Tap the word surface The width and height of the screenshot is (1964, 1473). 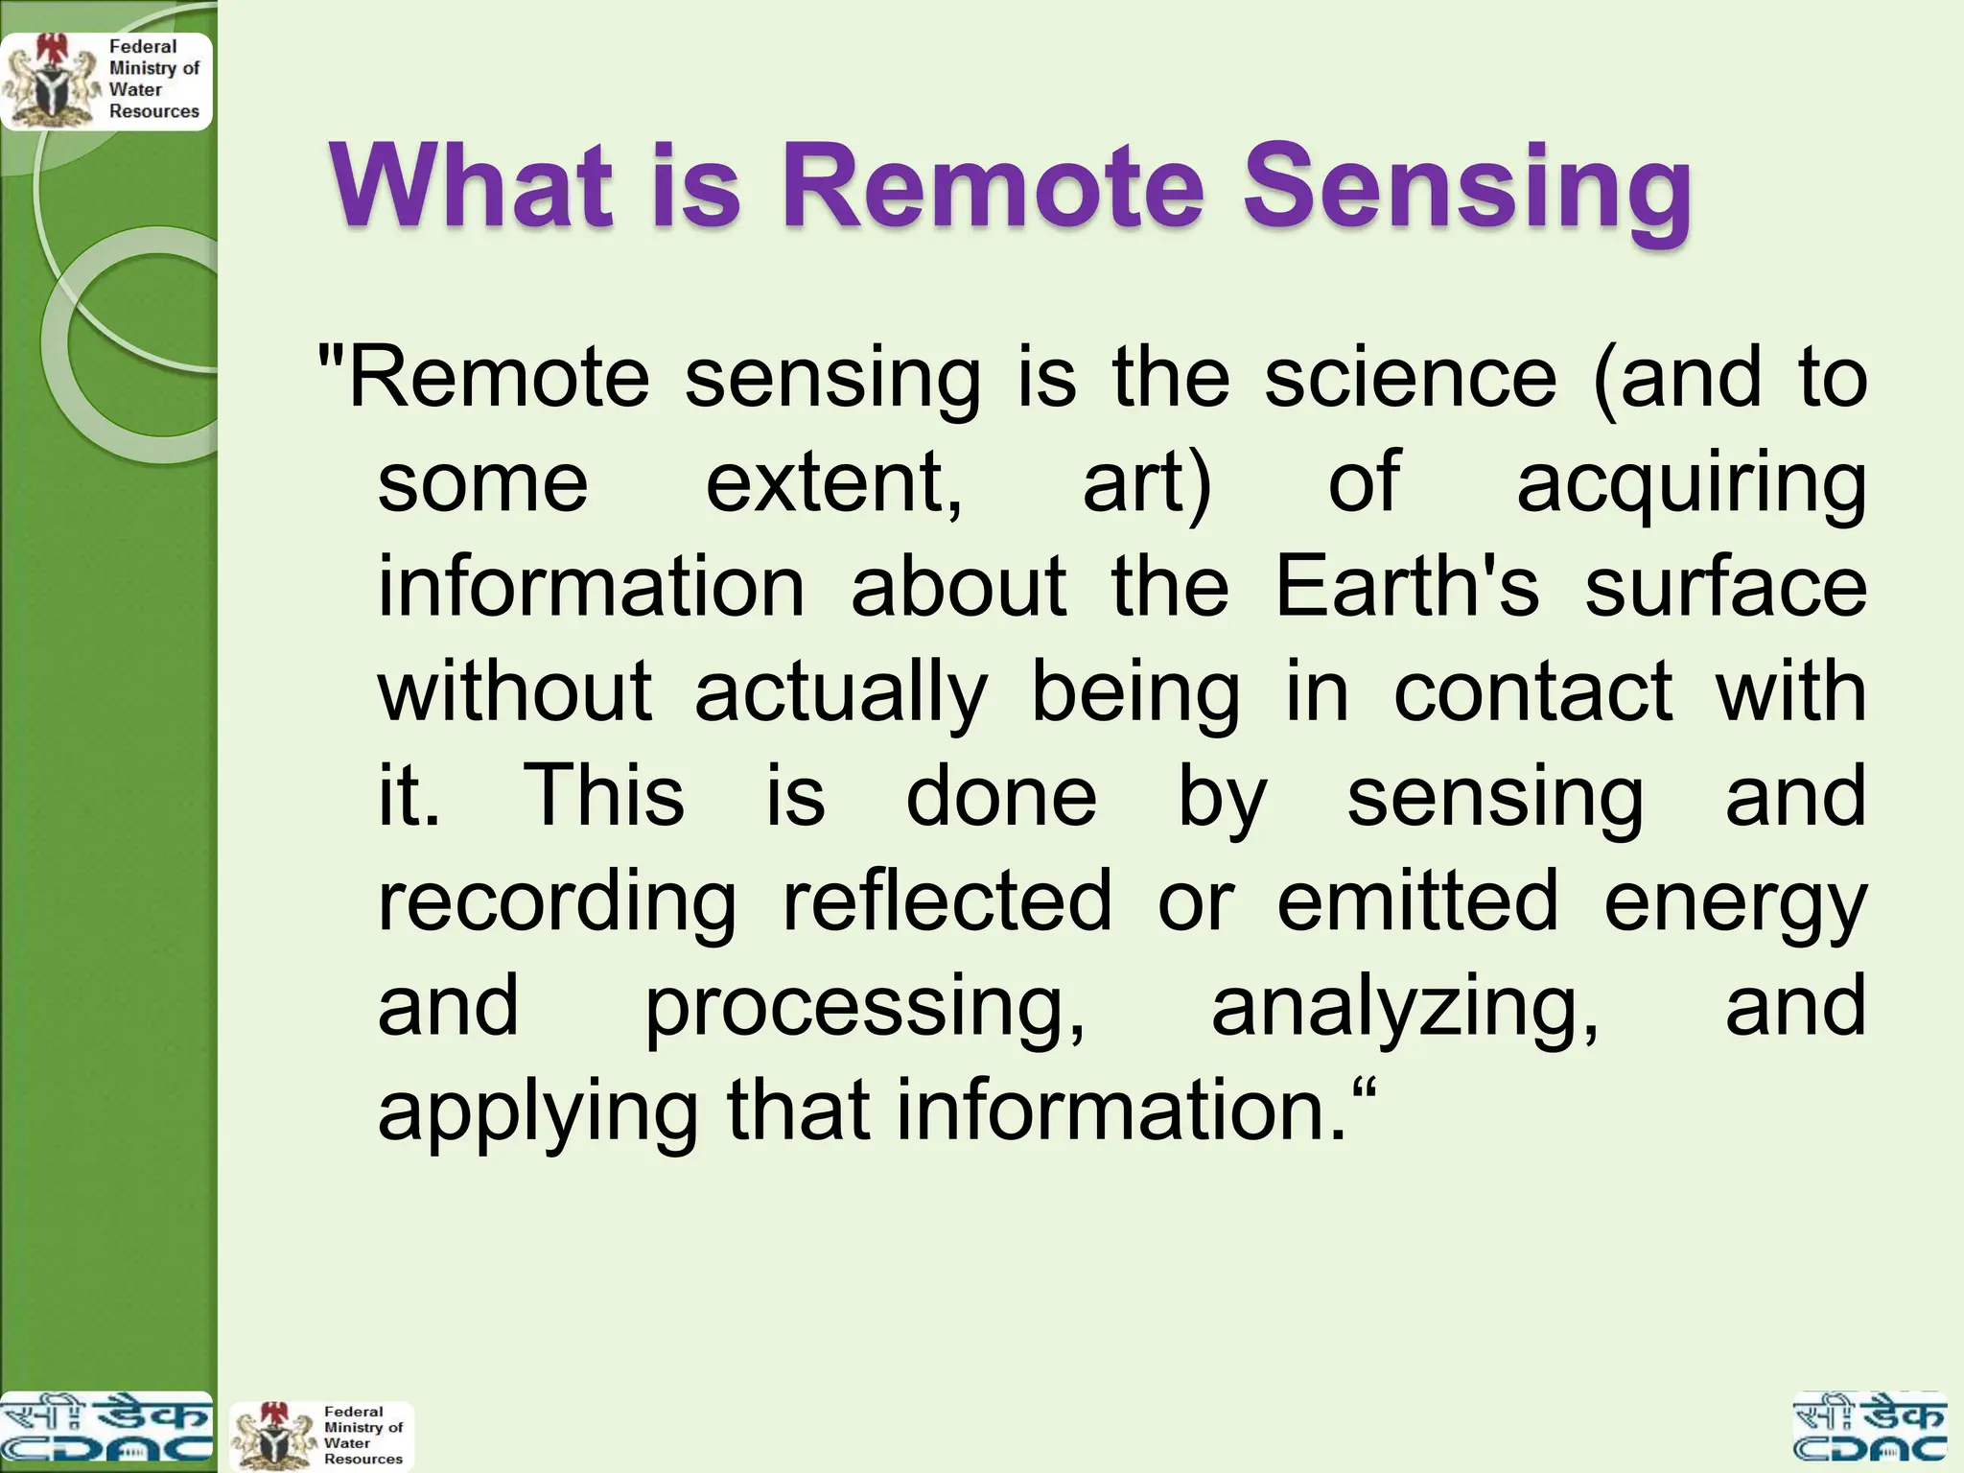(1725, 586)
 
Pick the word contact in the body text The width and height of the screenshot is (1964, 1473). (1532, 691)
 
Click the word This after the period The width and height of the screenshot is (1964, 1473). (604, 795)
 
